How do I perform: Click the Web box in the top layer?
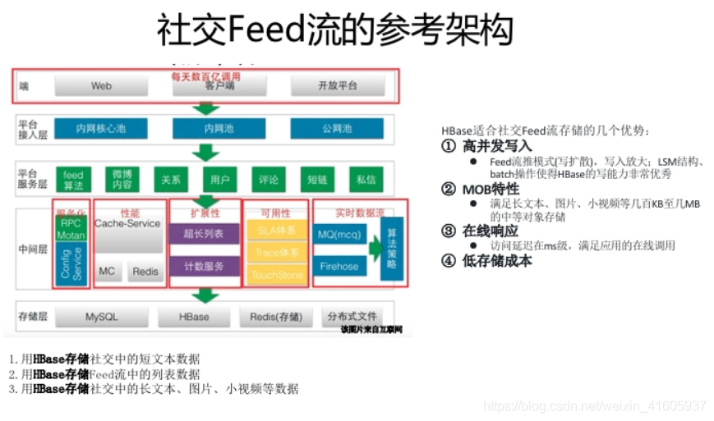[x=101, y=85]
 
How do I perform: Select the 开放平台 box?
[x=338, y=85]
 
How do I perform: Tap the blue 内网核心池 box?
[x=101, y=128]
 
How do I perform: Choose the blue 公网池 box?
[x=338, y=128]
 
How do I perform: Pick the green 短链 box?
[x=317, y=179]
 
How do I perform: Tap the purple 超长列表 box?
[x=205, y=233]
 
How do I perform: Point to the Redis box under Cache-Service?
[x=145, y=271]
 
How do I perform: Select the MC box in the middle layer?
[x=107, y=271]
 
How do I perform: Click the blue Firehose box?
[x=339, y=266]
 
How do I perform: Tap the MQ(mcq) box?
[x=339, y=234]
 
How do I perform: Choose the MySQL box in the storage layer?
[x=102, y=317]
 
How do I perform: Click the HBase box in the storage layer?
[x=195, y=317]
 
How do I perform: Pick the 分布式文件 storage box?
[x=352, y=317]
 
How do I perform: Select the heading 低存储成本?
[x=497, y=261]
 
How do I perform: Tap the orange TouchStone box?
[x=276, y=275]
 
